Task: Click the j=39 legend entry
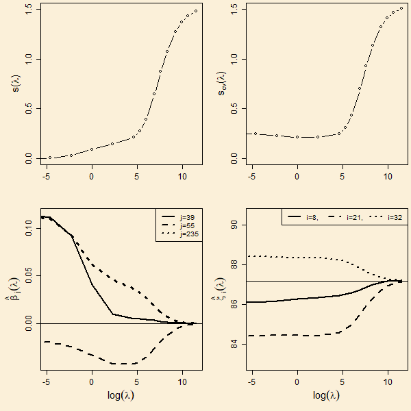point(186,216)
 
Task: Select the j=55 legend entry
point(186,225)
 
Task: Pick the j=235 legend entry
point(187,234)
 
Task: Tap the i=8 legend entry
point(311,217)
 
